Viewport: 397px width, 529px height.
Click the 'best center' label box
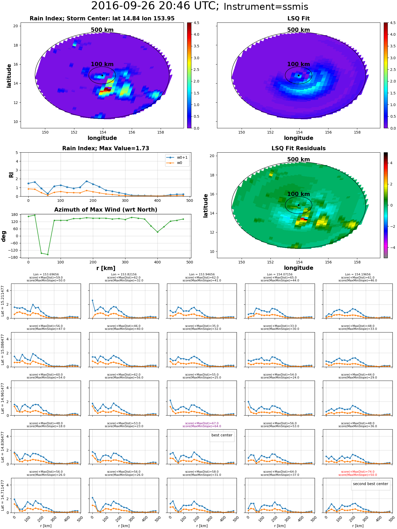(222, 435)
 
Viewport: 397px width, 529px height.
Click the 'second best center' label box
(370, 484)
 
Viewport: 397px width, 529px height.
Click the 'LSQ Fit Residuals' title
(298, 148)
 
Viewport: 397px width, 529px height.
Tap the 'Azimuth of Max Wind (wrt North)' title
(106, 210)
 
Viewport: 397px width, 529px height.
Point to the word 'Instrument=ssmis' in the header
(266, 7)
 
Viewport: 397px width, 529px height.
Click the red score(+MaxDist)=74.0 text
(358, 472)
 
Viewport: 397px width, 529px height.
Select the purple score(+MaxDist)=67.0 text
(202, 423)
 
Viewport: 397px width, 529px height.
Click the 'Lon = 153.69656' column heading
(46, 275)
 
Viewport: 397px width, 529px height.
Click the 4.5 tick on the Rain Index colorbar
(196, 23)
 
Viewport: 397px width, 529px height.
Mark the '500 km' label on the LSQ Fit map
(298, 30)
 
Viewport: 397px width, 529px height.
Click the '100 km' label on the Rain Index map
(102, 64)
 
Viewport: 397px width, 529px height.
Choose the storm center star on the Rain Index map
(102, 75)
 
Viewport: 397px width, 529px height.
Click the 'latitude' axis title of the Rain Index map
(9, 76)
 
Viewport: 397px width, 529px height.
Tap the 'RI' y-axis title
(11, 175)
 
